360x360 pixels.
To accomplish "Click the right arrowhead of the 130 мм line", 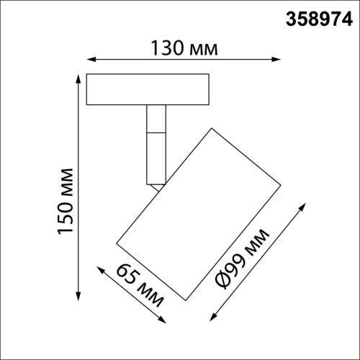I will click(277, 60).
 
